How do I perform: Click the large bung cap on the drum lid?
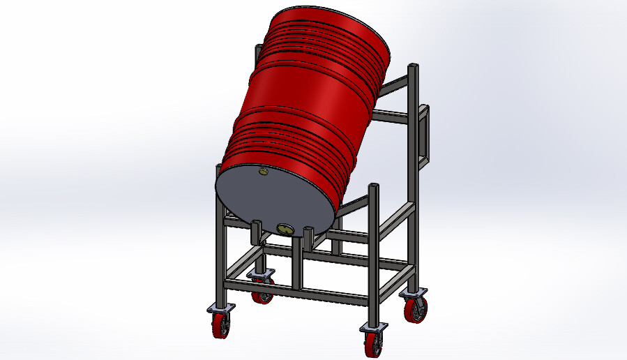coord(285,228)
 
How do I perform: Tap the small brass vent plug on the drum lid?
coord(263,171)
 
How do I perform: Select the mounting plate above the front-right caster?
coord(374,327)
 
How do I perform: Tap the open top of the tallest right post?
coord(414,66)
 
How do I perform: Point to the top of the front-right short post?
coord(375,185)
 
